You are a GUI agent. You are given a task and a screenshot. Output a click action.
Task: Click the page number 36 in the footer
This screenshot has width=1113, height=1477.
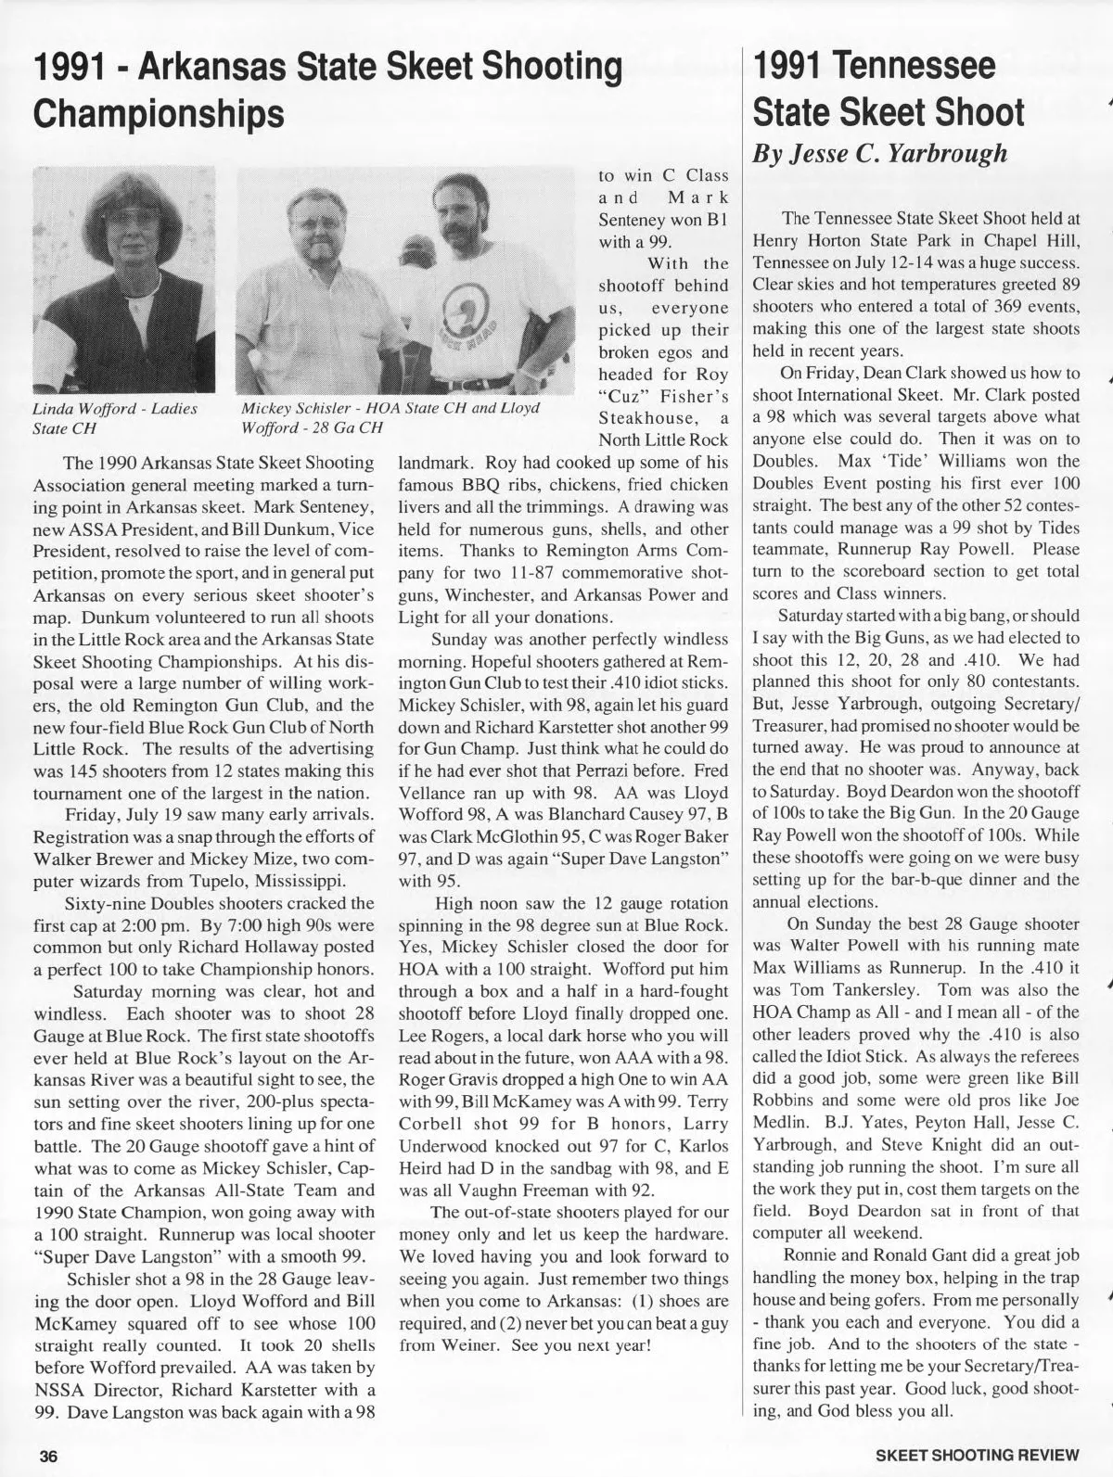47,1455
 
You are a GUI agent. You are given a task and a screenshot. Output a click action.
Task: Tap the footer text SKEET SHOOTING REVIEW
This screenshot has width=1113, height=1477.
978,1455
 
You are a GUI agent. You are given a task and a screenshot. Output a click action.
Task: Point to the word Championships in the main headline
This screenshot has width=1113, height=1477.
159,113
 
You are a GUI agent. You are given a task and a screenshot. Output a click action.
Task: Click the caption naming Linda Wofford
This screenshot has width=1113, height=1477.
115,418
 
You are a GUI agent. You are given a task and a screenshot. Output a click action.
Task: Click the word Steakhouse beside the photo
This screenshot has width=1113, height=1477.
650,417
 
